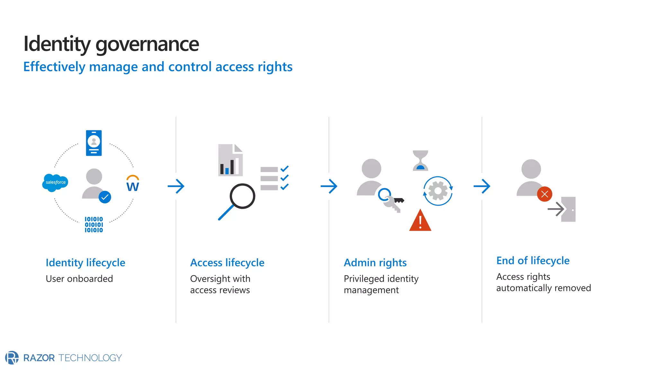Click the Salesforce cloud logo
(x=55, y=182)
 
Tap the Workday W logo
(x=133, y=184)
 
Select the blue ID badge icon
(x=94, y=143)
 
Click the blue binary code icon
(x=94, y=225)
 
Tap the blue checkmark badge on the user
(x=105, y=197)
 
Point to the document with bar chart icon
(x=230, y=160)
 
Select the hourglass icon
(x=420, y=160)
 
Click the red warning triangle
(x=420, y=221)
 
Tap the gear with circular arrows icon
(x=438, y=191)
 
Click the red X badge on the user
(x=545, y=194)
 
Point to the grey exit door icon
(x=568, y=209)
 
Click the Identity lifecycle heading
(x=85, y=263)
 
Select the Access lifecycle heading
(x=227, y=263)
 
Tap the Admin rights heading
(x=375, y=263)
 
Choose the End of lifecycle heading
(x=533, y=261)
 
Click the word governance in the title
(x=147, y=44)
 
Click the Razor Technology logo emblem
(x=12, y=357)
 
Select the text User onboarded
(x=79, y=279)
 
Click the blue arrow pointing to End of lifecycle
(x=482, y=186)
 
